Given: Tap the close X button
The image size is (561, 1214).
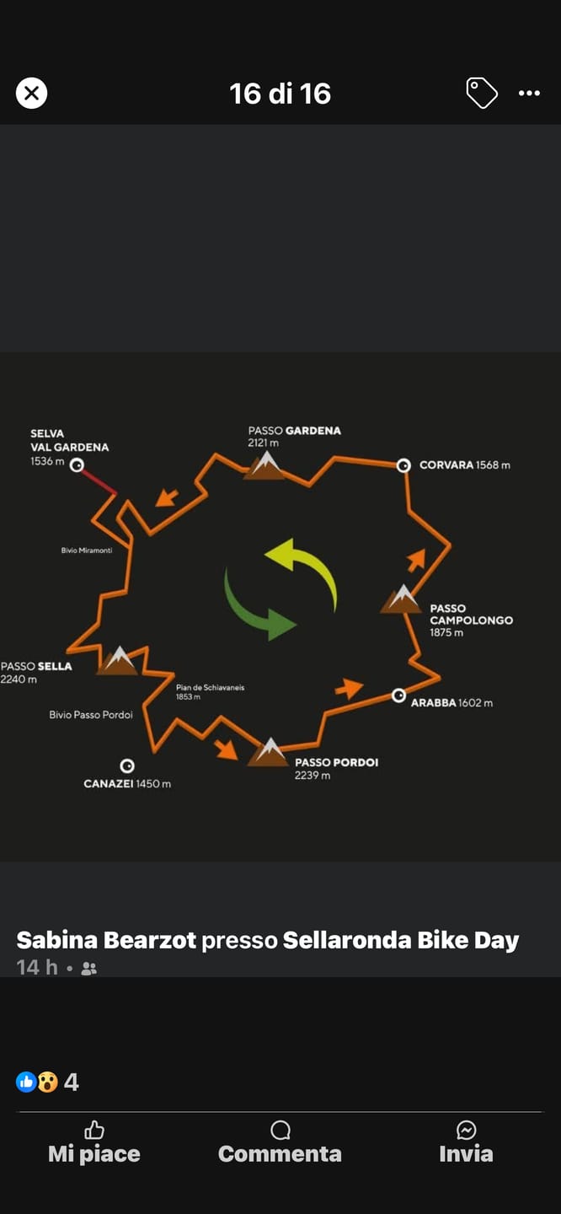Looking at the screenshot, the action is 31,93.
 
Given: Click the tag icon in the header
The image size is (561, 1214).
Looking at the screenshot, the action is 482,93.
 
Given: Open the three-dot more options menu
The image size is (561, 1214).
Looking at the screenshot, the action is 529,94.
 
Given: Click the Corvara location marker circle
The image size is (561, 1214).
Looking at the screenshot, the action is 403,465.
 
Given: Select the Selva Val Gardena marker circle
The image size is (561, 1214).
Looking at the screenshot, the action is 77,465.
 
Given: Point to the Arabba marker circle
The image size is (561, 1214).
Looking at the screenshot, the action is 398,696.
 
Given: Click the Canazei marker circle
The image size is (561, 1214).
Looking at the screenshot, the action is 127,765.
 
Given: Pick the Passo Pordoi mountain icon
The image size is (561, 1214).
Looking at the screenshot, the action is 268,752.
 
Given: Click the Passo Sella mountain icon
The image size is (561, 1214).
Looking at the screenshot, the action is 118,661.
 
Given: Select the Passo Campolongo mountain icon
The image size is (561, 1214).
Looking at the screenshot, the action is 401,599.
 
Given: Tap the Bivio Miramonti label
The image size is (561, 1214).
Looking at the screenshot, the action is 87,550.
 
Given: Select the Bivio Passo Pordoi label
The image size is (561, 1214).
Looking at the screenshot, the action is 91,715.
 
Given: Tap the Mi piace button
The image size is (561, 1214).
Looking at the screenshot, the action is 94,1142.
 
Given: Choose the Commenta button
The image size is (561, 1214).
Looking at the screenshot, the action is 280,1142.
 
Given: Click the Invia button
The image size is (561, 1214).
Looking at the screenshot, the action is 467,1142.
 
